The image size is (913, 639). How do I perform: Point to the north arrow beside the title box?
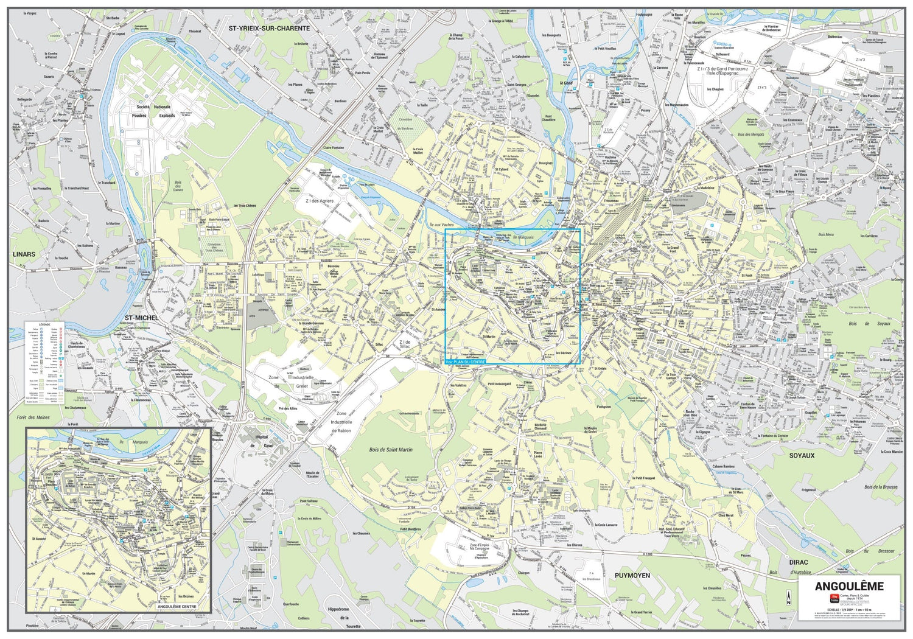pos(788,598)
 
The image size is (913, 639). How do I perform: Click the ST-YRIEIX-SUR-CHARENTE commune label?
pos(269,28)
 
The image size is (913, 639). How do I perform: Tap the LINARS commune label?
pos(24,254)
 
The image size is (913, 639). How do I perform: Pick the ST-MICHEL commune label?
pos(141,318)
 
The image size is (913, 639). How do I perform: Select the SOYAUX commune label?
pos(802,455)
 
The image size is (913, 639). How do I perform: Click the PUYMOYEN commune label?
pos(632,575)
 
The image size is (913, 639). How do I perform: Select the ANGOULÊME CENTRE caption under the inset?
pos(177,607)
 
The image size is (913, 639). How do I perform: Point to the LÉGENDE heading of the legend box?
pos(45,324)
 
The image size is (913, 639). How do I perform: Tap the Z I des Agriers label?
pos(315,201)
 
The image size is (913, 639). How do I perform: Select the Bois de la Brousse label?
pos(881,487)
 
